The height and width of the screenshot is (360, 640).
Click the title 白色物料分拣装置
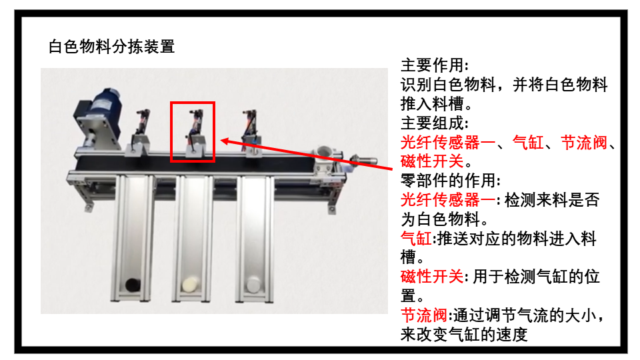[x=111, y=47]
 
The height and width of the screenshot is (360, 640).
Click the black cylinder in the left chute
[x=133, y=285]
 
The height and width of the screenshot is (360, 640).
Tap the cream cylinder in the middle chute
[x=191, y=285]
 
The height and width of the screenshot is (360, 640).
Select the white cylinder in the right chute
[x=253, y=285]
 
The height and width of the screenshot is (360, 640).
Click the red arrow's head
[x=225, y=141]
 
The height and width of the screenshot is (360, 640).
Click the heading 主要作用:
[x=435, y=65]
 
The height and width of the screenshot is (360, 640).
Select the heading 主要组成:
[x=435, y=123]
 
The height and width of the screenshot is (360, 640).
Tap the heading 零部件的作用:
[x=451, y=181]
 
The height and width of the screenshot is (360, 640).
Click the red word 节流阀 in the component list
[x=584, y=143]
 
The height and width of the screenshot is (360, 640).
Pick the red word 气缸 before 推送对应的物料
[x=416, y=239]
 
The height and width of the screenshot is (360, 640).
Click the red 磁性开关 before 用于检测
[x=432, y=277]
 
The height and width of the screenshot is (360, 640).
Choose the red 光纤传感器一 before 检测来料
[x=448, y=200]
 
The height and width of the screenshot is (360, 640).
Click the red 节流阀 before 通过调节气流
[x=424, y=315]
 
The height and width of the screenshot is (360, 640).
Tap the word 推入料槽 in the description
[x=432, y=104]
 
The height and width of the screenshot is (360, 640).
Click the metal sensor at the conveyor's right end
[x=363, y=160]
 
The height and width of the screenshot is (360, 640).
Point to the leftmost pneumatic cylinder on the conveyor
[x=139, y=131]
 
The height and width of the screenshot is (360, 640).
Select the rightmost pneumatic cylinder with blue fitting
[x=251, y=131]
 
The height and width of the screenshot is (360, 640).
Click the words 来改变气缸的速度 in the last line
[x=464, y=335]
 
